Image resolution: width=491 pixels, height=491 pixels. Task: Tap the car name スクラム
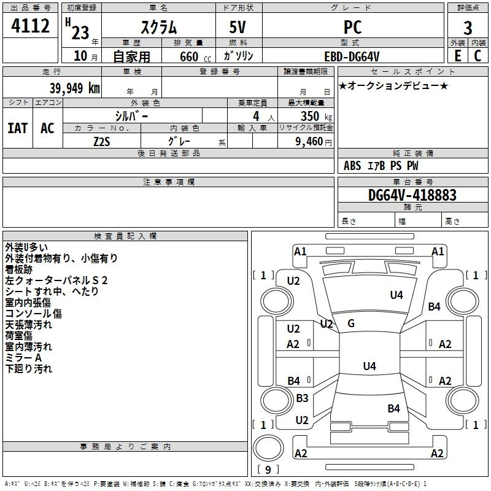(158, 27)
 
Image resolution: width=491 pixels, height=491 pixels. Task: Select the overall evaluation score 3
(468, 28)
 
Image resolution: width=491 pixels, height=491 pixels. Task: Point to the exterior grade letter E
(458, 55)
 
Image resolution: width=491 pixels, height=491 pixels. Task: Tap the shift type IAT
(18, 128)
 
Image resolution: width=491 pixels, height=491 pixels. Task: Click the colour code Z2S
(102, 141)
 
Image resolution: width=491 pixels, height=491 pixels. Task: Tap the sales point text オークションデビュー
(393, 85)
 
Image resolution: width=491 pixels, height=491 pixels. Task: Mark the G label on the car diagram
(351, 323)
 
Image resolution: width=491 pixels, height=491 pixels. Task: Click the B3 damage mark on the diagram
(302, 398)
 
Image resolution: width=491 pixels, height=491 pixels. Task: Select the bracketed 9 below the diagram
(268, 470)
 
